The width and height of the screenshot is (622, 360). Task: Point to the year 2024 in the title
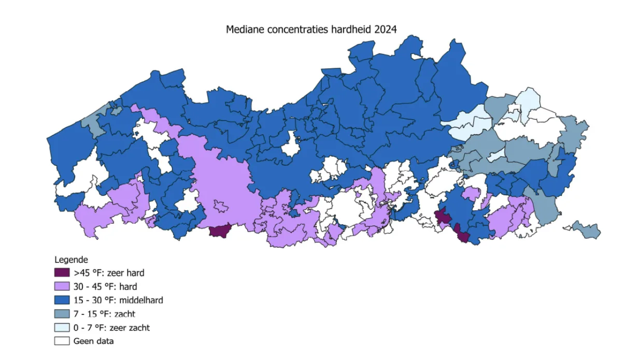point(385,30)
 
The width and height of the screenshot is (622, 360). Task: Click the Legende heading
point(71,259)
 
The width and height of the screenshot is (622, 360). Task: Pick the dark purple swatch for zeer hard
point(62,272)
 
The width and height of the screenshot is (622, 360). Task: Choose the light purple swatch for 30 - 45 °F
point(62,286)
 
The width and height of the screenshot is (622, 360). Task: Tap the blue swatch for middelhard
point(62,300)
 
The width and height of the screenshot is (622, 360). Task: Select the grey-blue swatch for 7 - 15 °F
point(62,314)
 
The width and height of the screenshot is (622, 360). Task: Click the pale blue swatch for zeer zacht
point(62,327)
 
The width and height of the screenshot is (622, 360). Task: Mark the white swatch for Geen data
point(62,341)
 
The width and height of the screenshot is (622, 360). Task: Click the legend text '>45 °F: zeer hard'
point(109,272)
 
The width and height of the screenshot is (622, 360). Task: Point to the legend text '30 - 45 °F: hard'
point(105,286)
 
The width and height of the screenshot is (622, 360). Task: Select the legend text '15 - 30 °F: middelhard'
point(118,300)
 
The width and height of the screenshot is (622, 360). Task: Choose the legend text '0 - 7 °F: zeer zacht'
point(111,327)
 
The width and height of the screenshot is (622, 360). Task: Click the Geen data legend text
point(93,341)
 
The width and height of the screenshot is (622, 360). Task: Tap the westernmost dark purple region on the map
point(220,231)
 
